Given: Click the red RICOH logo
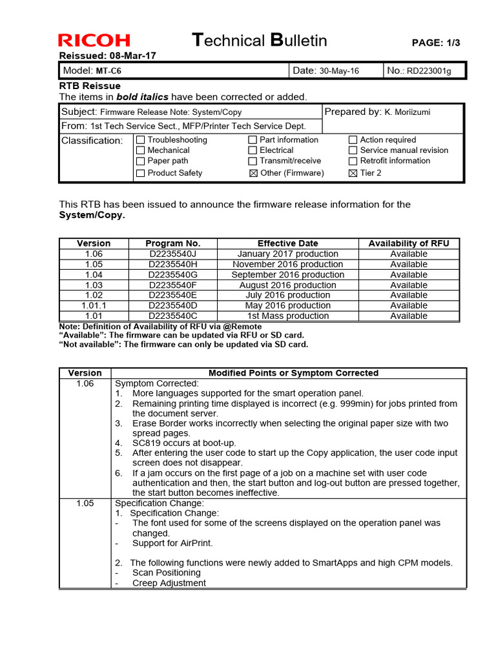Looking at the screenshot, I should coord(94,41).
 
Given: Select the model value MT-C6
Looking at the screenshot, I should coord(110,70).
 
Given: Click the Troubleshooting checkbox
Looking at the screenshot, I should coord(140,140).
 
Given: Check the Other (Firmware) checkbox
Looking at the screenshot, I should coord(253,173).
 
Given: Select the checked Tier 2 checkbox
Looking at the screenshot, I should coord(353,173).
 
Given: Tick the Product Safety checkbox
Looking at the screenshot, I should coord(140,173).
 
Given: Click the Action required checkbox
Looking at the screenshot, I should coord(353,140).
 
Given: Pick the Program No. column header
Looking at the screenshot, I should coord(172,243).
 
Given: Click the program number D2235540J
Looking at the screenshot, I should coord(172,254).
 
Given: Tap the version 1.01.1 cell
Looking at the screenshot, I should coord(94,305).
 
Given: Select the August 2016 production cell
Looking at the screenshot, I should coord(287,285).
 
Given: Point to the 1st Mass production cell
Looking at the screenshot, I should coord(287,316).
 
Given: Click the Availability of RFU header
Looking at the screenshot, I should coord(408,243).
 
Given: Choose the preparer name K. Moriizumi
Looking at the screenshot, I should coord(408,112).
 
